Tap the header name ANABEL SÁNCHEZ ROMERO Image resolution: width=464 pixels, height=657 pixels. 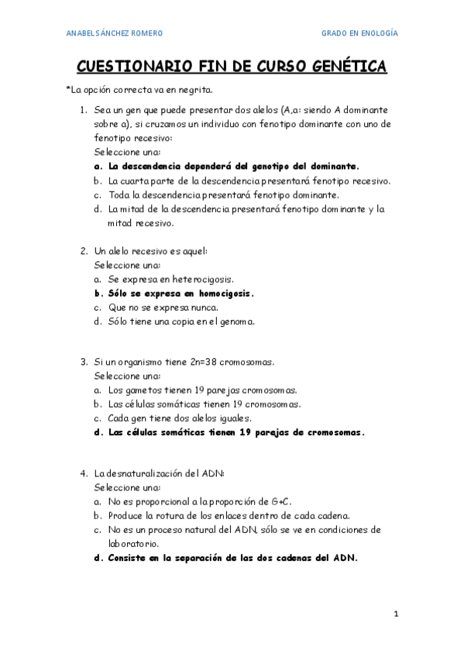115,33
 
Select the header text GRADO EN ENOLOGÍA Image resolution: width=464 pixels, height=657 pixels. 360,33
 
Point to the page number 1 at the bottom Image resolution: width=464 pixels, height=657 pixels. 395,614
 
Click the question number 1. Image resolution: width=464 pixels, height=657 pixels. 83,110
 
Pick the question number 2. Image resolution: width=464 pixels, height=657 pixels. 83,251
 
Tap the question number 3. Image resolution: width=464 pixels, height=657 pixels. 83,362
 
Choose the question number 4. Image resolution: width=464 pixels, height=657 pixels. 83,473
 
